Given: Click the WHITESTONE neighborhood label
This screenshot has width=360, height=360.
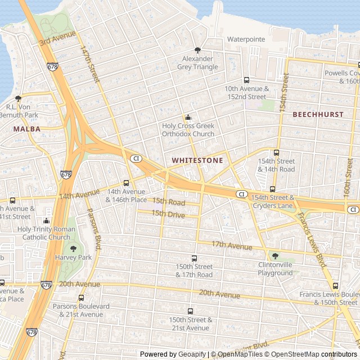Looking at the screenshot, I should pos(197,160).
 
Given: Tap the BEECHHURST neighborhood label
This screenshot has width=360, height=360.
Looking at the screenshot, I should pos(318,114).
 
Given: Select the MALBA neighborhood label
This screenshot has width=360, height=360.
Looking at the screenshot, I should pos(27,129).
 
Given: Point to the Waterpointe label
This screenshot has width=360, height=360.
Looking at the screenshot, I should pos(245,39).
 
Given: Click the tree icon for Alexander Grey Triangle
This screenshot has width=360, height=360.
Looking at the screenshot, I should pos(197,50).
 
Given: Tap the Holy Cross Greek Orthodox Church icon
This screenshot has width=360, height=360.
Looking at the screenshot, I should pos(188,118).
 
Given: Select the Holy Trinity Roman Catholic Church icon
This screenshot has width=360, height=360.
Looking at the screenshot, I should pos(47,220).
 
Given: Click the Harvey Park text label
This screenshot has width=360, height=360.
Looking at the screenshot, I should pos(73,257).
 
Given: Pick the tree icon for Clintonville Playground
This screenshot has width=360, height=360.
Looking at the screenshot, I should pos(275,256).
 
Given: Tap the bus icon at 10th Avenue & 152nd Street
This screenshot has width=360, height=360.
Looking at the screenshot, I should pos(246,80).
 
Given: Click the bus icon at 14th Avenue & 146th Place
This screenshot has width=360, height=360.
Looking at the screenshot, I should pos(126,183).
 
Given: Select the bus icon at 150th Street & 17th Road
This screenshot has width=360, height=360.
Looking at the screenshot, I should pos(194,258).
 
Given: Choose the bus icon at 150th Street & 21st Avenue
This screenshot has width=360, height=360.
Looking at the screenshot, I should pos(190,311).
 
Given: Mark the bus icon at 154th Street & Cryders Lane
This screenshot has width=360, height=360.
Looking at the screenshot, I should pos(272,189).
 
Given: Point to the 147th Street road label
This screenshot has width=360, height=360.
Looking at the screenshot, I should pos(89,64).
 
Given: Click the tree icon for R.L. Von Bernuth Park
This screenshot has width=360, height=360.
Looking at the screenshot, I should pos(18,98).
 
